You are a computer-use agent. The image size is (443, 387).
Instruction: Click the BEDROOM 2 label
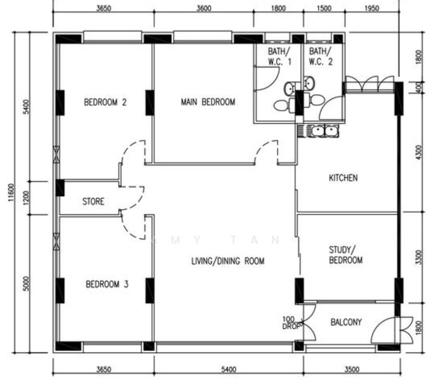105,102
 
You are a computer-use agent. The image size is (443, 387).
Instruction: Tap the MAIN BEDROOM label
208,102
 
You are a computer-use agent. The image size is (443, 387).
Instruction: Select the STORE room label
93,201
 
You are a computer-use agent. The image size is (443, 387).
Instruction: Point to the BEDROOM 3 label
107,284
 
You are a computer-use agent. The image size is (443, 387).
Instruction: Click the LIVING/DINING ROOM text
228,261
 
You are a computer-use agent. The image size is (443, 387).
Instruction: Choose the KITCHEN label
343,177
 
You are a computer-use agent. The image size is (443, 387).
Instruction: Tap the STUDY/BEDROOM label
346,255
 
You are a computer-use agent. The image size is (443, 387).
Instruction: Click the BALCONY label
346,322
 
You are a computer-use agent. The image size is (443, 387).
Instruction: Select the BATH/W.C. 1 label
279,56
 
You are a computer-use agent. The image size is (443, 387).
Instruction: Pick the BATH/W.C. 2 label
321,56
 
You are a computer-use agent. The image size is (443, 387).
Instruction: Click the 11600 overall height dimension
11,192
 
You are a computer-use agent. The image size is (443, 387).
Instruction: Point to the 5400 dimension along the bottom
229,369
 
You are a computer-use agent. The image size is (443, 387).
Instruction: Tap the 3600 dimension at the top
204,8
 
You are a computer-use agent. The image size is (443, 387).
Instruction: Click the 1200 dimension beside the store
26,198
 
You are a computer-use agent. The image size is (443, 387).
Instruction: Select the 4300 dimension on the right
419,151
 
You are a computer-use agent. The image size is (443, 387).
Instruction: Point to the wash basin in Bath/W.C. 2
309,83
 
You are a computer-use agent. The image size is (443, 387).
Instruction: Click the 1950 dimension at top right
372,8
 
